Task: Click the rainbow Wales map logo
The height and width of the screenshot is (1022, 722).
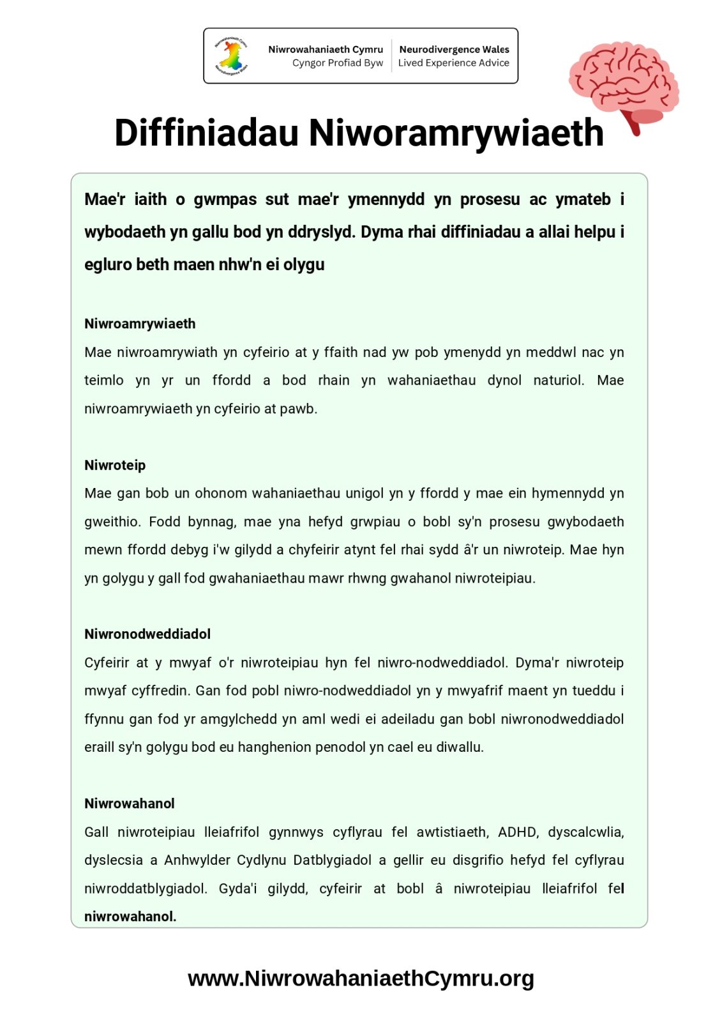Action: (232, 56)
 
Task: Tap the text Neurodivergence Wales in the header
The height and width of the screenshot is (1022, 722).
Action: (454, 49)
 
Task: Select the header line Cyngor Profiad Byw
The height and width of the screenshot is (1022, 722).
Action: (337, 63)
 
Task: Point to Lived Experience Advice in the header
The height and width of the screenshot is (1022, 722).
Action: (453, 63)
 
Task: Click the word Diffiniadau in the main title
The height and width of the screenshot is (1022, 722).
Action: (206, 133)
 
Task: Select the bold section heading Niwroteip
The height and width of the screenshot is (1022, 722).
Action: (115, 465)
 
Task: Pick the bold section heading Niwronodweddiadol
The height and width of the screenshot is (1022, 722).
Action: (147, 634)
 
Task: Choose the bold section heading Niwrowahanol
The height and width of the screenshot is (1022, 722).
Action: (130, 803)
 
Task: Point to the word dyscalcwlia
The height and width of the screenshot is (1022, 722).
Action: (585, 832)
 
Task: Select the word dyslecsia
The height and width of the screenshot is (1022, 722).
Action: (114, 860)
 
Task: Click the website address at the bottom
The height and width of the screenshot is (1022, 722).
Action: (361, 978)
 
